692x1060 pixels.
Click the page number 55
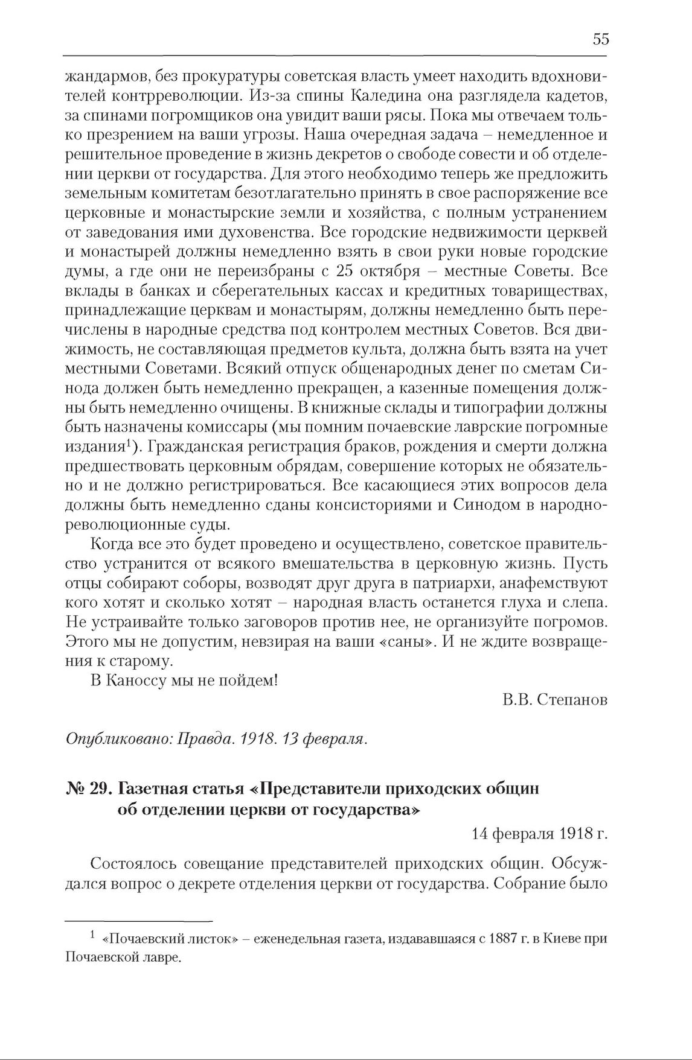tap(600, 40)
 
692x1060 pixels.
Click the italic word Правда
tap(201, 740)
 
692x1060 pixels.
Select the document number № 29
tap(87, 789)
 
